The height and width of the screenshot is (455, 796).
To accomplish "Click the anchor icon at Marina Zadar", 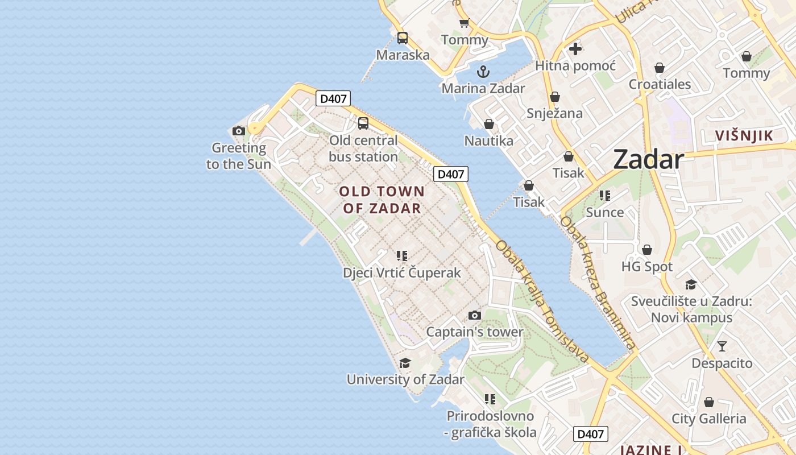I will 483,72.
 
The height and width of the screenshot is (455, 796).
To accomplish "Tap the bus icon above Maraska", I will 403,38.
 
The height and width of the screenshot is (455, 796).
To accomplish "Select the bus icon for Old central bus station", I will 363,123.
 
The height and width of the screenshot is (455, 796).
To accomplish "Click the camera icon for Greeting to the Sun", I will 239,131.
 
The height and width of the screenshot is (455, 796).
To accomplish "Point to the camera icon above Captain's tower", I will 475,315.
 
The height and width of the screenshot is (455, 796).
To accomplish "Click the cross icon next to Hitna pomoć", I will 575,49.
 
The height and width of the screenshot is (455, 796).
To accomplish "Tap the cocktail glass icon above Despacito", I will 722,346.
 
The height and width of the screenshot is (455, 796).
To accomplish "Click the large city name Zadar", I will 648,160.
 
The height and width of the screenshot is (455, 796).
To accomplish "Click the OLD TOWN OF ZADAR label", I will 382,200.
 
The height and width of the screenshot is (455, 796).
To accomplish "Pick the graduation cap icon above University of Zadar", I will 405,363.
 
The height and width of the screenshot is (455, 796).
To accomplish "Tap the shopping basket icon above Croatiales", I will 660,68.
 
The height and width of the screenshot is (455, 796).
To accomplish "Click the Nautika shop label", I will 489,140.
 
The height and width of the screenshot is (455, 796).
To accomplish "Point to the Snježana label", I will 554,113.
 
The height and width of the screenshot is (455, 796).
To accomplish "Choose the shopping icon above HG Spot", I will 647,250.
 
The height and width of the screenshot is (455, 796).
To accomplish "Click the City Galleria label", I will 709,419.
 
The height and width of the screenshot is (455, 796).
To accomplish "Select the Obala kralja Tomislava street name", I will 542,301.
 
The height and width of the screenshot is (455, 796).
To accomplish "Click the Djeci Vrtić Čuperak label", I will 402,273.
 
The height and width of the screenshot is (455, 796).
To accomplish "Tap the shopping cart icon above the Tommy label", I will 465,23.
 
